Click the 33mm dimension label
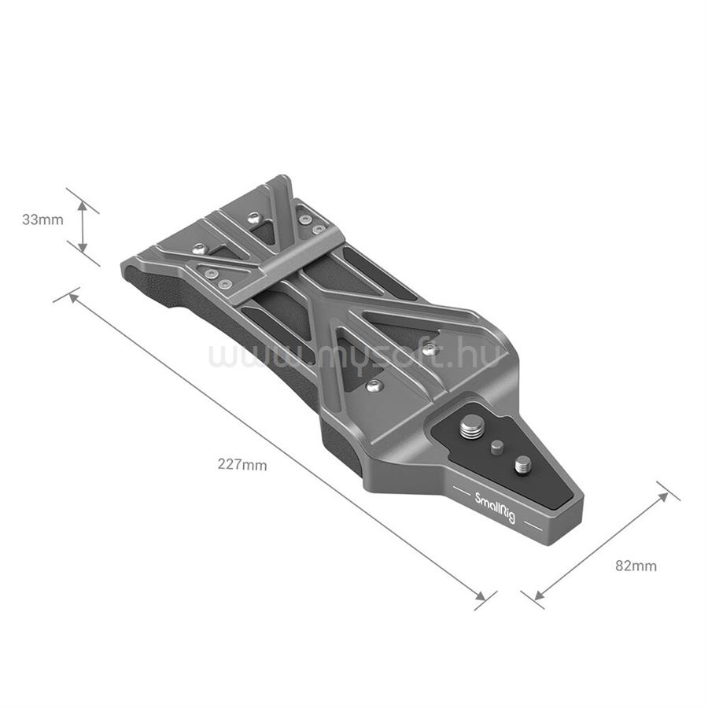coord(43,220)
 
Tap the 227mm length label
coord(242,464)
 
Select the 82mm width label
coord(636,566)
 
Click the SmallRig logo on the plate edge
coord(495,508)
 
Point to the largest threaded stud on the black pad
coord(470,428)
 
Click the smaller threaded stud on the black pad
coord(523,466)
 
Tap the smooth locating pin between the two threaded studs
coord(497,447)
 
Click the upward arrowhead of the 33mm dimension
coord(82,207)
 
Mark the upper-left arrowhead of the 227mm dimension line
coord(73,297)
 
